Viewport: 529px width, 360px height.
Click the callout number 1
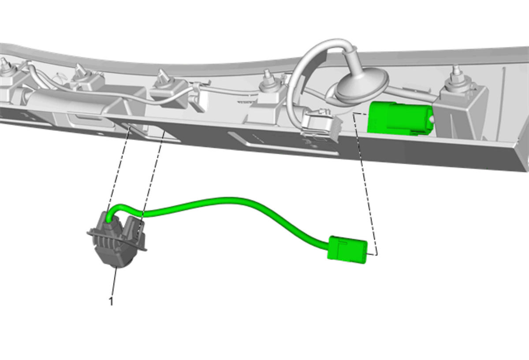coord(111,302)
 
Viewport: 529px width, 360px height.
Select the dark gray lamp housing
coord(117,241)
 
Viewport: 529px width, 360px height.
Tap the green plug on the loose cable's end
coord(347,250)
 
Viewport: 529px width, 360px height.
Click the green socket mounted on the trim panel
coord(400,118)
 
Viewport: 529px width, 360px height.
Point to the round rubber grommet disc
coord(361,85)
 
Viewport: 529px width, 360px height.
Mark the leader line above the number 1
coord(114,282)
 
